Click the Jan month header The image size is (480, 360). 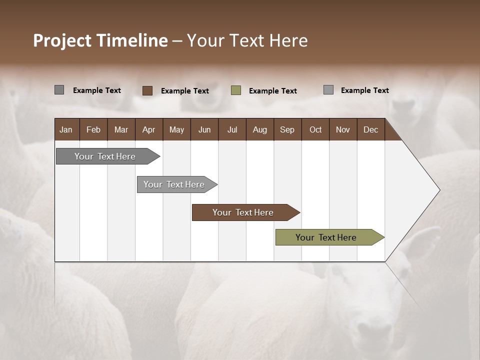66,129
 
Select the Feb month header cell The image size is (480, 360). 93,129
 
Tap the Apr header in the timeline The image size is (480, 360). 148,129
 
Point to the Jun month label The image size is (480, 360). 204,129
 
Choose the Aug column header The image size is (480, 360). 259,129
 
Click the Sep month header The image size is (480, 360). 287,129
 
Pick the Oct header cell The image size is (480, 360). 315,129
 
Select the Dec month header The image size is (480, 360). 370,129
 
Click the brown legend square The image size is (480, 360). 147,90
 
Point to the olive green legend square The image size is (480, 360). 236,90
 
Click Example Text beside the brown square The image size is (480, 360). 185,91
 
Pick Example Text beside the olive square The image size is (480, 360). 273,91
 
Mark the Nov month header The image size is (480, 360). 343,129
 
